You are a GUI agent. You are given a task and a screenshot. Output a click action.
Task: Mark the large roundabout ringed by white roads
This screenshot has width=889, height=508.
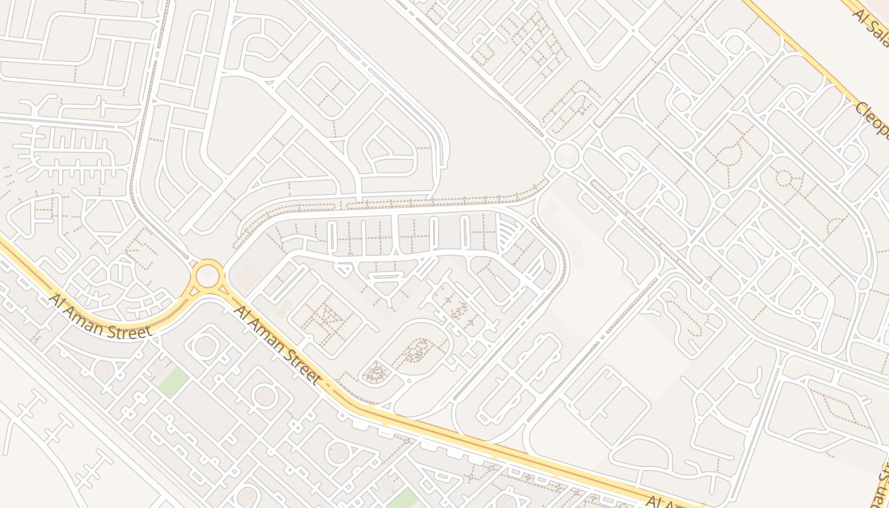tap(567, 155)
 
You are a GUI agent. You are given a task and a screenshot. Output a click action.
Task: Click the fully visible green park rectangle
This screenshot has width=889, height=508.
tap(173, 383)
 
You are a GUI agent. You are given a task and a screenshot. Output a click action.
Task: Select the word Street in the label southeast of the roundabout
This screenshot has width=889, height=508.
tap(297, 365)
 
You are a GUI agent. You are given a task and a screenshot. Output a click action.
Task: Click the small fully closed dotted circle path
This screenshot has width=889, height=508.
tap(784, 178)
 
